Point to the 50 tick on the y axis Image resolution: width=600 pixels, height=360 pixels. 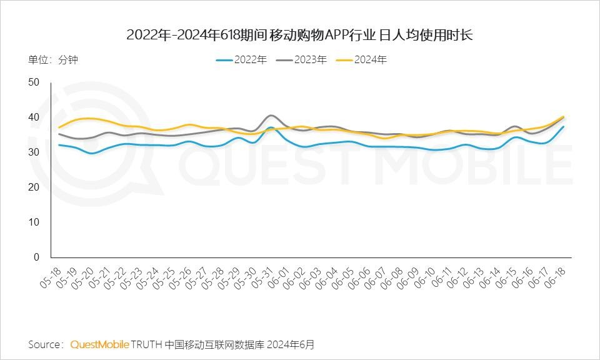(x=34, y=82)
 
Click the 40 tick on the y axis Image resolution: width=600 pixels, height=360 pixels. (x=34, y=117)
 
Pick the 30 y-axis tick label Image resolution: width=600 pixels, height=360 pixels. (x=34, y=152)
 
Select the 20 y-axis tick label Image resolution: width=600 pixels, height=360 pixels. (x=34, y=187)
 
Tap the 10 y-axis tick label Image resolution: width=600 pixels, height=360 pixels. (x=34, y=222)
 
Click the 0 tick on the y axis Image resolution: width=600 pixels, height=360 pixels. (x=36, y=257)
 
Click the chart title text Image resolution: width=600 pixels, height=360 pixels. (x=299, y=34)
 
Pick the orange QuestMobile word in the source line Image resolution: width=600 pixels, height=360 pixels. (x=100, y=344)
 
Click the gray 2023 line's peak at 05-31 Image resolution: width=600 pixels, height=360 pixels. (x=270, y=116)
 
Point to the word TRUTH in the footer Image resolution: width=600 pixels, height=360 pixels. (x=146, y=344)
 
